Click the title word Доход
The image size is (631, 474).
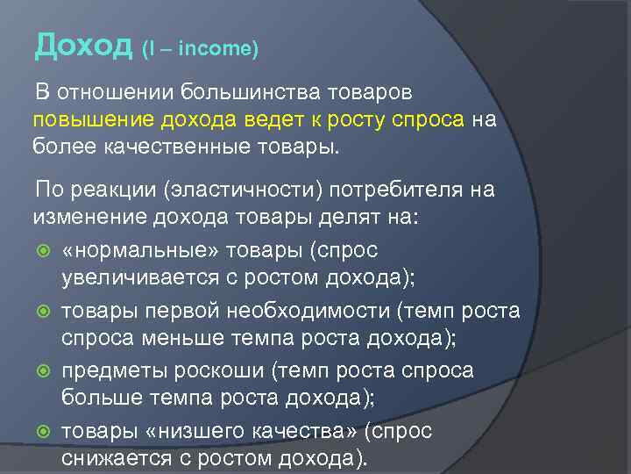tap(84, 46)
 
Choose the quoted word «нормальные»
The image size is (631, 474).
tap(141, 251)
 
